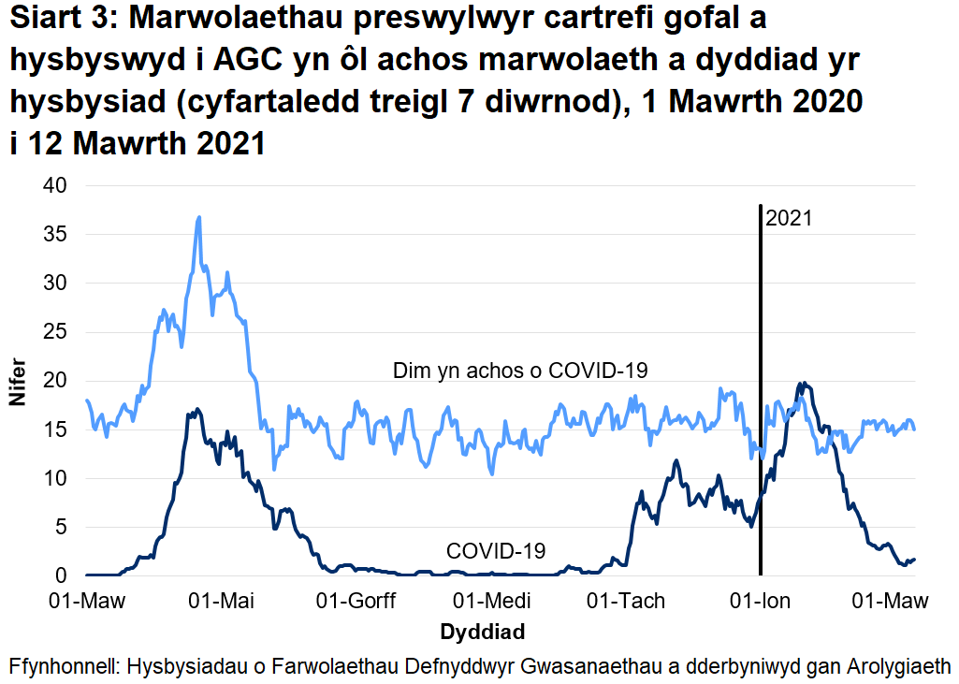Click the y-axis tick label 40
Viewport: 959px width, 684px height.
[x=58, y=185]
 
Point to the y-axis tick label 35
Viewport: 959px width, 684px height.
[x=58, y=234]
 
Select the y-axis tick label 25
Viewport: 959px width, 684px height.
[x=58, y=331]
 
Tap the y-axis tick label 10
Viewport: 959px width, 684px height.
[x=58, y=478]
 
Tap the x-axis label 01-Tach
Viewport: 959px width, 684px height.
[x=625, y=601]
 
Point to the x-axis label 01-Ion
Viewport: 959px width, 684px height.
[x=760, y=601]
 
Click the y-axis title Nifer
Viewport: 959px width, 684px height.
[x=18, y=382]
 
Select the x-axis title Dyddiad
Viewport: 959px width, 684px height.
[x=482, y=629]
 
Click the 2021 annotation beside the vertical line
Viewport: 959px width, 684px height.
[x=789, y=219]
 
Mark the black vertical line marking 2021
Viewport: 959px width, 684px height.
[x=761, y=393]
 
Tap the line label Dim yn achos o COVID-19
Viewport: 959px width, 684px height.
[x=521, y=371]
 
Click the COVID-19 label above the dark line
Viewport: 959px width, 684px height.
[x=496, y=550]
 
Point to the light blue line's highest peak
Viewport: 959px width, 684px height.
[x=199, y=217]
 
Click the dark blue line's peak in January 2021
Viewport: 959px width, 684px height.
[x=802, y=383]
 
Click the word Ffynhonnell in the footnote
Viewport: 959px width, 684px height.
[x=62, y=666]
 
